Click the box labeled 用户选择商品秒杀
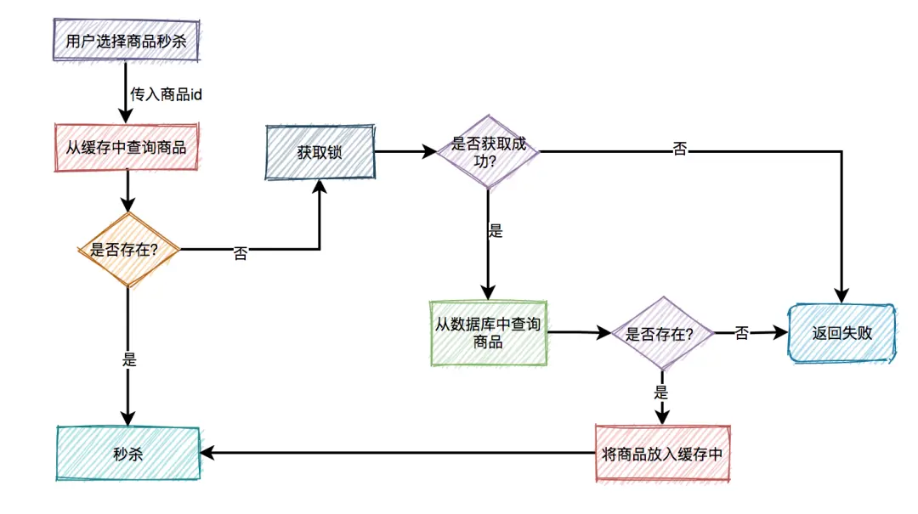click(126, 41)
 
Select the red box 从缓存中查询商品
click(126, 146)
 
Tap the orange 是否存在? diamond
click(128, 250)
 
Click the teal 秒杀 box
click(127, 454)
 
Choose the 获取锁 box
click(320, 153)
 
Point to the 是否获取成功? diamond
click(488, 152)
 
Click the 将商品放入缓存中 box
click(662, 454)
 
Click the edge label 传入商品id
click(166, 94)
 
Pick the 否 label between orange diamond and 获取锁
click(241, 253)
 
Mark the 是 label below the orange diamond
click(129, 359)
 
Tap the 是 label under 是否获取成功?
click(495, 231)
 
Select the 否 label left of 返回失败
click(741, 334)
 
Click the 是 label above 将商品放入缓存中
click(660, 393)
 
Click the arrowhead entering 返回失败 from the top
click(841, 297)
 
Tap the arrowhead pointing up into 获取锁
click(320, 186)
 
